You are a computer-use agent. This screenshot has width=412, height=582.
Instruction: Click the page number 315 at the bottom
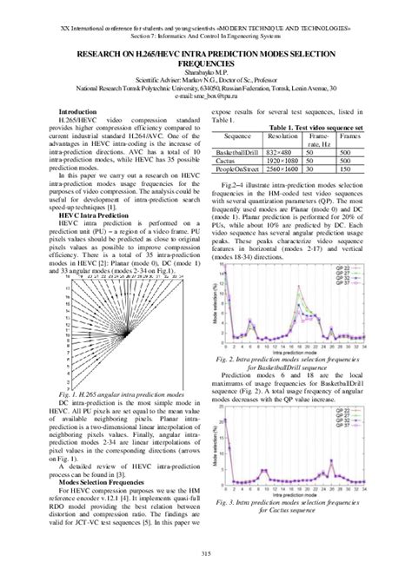[206, 555]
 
